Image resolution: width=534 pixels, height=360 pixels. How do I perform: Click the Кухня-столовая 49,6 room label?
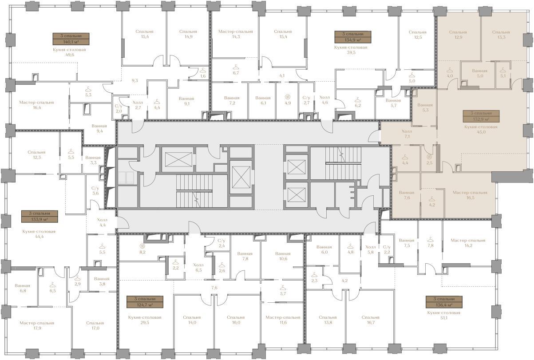pyautogui.click(x=69, y=52)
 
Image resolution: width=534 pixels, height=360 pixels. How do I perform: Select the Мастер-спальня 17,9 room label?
pyautogui.click(x=37, y=325)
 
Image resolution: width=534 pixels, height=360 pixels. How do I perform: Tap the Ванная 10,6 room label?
pyautogui.click(x=283, y=256)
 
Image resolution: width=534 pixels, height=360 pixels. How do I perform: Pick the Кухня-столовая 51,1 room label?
pyautogui.click(x=443, y=315)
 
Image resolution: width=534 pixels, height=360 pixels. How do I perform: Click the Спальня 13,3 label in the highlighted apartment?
pyautogui.click(x=501, y=35)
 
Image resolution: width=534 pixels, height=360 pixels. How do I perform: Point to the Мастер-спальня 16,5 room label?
pyautogui.click(x=470, y=195)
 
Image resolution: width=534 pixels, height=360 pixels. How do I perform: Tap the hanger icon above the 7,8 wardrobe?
pyautogui.click(x=430, y=239)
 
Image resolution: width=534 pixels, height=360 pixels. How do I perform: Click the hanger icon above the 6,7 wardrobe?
pyautogui.click(x=236, y=67)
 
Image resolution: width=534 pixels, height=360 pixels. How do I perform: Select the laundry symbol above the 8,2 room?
pyautogui.click(x=142, y=246)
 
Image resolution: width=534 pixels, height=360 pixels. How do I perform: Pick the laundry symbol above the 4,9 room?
pyautogui.click(x=288, y=97)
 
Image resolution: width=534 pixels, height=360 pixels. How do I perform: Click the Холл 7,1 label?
pyautogui.click(x=407, y=134)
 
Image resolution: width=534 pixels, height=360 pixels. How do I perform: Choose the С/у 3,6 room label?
pyautogui.click(x=95, y=191)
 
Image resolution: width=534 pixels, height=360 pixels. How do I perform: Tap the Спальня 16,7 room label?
pyautogui.click(x=371, y=320)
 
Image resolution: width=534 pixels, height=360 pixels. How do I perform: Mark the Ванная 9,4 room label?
pyautogui.click(x=99, y=128)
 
